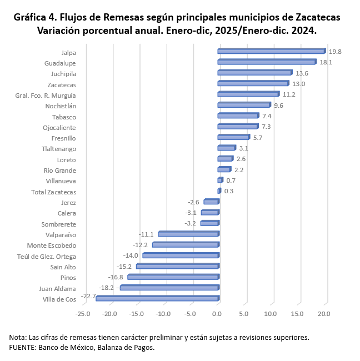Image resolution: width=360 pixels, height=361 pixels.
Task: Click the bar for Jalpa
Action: (x=271, y=52)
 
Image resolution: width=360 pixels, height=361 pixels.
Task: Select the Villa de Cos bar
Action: (x=157, y=299)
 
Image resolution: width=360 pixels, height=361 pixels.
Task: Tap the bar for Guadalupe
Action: (x=267, y=62)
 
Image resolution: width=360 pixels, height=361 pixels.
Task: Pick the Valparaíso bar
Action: (x=188, y=234)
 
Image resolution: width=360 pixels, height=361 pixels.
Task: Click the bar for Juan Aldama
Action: (x=169, y=288)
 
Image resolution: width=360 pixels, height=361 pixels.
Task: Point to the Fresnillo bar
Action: (x=233, y=137)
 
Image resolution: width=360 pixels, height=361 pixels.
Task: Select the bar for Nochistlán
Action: (x=244, y=105)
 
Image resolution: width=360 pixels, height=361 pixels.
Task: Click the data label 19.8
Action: (x=335, y=52)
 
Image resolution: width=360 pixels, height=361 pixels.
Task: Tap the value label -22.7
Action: (x=88, y=297)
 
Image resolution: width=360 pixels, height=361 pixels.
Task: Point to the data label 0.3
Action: (x=229, y=191)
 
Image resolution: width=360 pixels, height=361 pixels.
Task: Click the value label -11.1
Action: (x=147, y=234)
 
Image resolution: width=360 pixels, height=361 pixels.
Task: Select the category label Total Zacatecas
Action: (x=54, y=192)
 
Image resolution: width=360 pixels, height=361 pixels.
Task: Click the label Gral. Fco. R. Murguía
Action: (x=46, y=95)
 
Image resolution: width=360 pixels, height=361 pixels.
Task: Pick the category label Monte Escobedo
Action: (x=52, y=245)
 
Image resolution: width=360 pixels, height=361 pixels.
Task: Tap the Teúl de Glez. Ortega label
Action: (x=47, y=256)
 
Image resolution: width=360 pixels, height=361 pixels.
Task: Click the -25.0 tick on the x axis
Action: (x=83, y=314)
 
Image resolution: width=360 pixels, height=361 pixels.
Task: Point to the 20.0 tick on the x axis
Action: (x=324, y=314)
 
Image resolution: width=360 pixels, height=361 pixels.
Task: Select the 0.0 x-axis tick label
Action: (x=217, y=314)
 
